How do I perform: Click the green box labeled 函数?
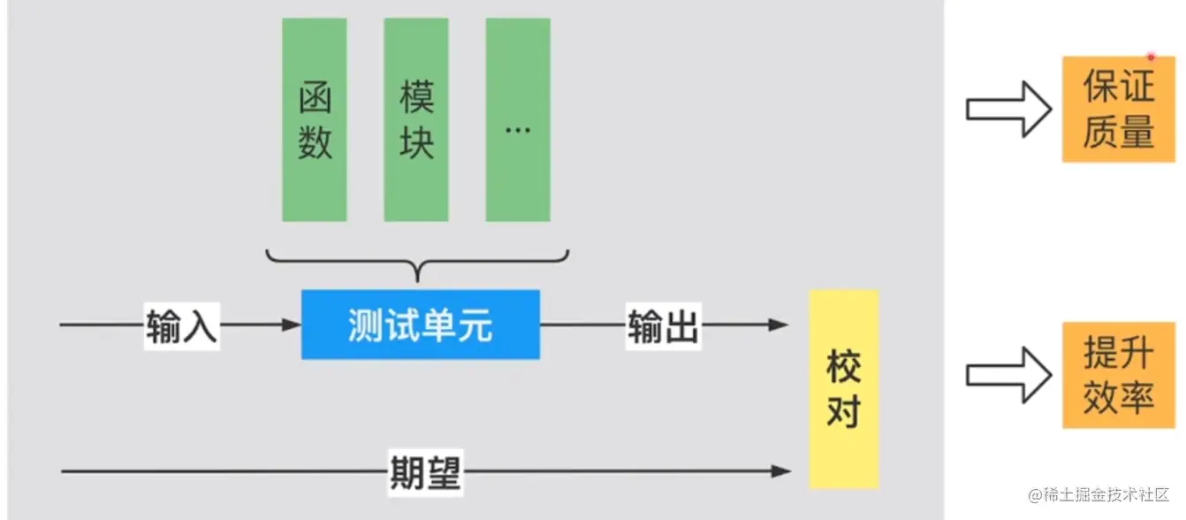[x=315, y=119]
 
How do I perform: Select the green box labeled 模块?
[x=416, y=119]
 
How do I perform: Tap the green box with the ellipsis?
[x=518, y=119]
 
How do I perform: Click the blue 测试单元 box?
[x=421, y=325]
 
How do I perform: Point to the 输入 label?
[x=181, y=325]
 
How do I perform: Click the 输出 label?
[x=663, y=325]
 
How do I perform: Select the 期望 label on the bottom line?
[x=426, y=471]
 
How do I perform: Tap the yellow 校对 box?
[x=844, y=389]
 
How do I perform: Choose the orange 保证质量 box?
[x=1118, y=109]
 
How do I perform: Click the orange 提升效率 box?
[x=1118, y=375]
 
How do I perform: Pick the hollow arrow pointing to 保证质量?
[x=1007, y=109]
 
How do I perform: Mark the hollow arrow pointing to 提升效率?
[x=1007, y=375]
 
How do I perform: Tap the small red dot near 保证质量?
[x=1151, y=57]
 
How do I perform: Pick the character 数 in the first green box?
[x=315, y=141]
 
